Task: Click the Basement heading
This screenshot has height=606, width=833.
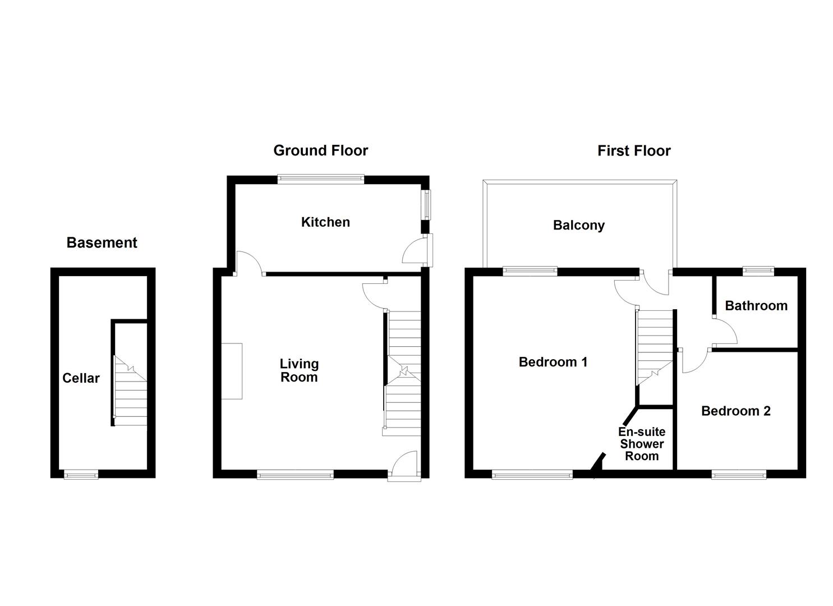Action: pyautogui.click(x=102, y=243)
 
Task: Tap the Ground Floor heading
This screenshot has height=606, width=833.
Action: pyautogui.click(x=320, y=151)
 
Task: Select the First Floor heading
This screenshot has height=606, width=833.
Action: pyautogui.click(x=634, y=151)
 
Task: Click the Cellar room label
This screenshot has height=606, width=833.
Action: pyautogui.click(x=81, y=378)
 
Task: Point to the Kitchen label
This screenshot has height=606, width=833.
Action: pyautogui.click(x=325, y=222)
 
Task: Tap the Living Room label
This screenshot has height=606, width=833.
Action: pyautogui.click(x=299, y=370)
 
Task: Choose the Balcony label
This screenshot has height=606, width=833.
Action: pyautogui.click(x=579, y=226)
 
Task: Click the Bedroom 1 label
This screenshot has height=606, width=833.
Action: pyautogui.click(x=553, y=362)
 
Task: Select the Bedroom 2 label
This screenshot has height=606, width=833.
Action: pyautogui.click(x=735, y=411)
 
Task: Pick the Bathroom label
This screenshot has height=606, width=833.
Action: pyautogui.click(x=756, y=306)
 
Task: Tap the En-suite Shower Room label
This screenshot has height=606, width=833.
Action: pyautogui.click(x=642, y=444)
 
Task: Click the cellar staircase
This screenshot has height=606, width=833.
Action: pyautogui.click(x=130, y=391)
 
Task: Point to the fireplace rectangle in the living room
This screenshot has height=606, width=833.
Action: pyautogui.click(x=232, y=371)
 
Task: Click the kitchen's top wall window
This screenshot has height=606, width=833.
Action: pyautogui.click(x=320, y=180)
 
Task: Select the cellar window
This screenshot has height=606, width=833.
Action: pyautogui.click(x=81, y=474)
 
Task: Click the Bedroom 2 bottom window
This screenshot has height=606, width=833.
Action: pyautogui.click(x=739, y=474)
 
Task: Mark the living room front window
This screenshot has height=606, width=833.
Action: pyautogui.click(x=295, y=474)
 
